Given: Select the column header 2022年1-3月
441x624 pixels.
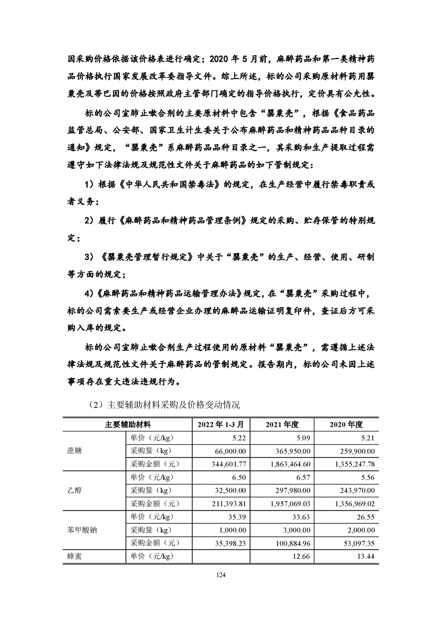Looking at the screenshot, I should click(x=220, y=424).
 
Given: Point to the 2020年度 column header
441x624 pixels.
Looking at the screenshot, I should click(x=346, y=424).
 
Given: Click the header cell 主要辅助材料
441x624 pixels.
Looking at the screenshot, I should click(x=126, y=424).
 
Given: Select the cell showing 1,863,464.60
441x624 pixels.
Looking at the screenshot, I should click(x=285, y=463).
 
